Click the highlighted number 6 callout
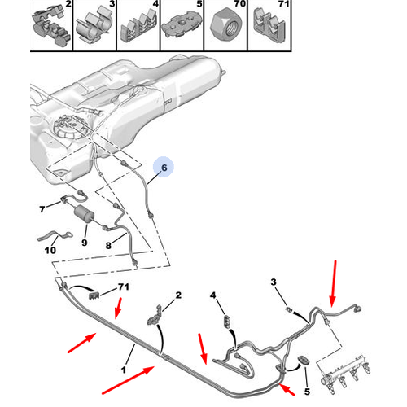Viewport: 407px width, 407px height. (x=164, y=167)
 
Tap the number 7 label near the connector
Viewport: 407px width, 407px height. (x=42, y=209)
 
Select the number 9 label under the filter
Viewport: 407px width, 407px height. (x=85, y=243)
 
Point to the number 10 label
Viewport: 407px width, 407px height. (x=50, y=250)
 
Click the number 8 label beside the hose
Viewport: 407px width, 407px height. (x=108, y=246)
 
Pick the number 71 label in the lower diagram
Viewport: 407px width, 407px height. (x=124, y=287)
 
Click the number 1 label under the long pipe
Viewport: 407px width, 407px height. (x=124, y=370)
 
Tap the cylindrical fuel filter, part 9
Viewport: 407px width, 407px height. (x=84, y=214)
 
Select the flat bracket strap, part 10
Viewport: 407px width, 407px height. (x=55, y=236)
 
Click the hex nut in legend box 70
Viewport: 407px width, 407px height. (x=225, y=26)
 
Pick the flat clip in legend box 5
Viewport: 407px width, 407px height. (x=182, y=24)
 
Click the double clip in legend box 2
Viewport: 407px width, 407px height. (x=51, y=27)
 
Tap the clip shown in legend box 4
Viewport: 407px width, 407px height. (x=138, y=27)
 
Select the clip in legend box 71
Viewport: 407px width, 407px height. (x=269, y=26)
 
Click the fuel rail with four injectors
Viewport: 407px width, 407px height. (x=345, y=373)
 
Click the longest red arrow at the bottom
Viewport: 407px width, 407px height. (x=128, y=380)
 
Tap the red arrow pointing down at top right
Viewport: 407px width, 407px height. (x=334, y=283)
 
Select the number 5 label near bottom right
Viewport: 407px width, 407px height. (x=307, y=392)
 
